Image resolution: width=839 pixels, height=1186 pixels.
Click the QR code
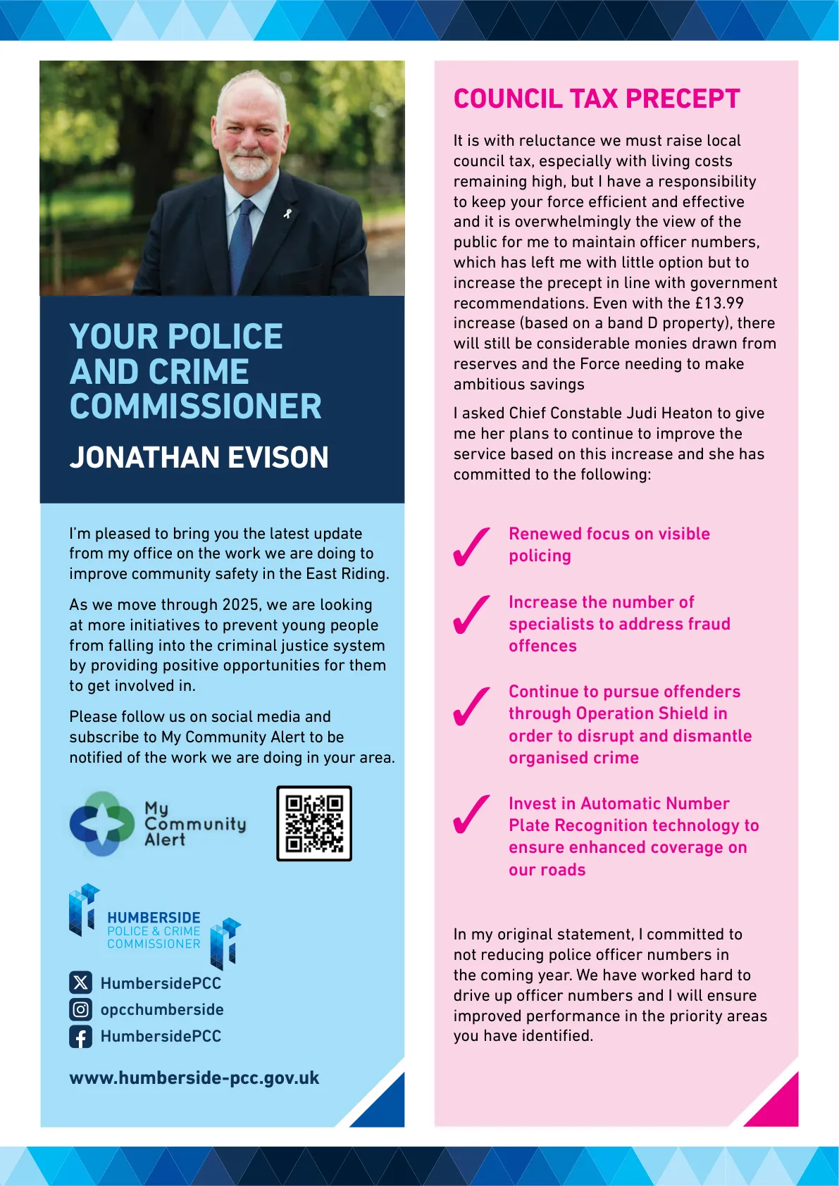tap(313, 823)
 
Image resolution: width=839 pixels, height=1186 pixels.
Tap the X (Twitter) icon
tap(80, 982)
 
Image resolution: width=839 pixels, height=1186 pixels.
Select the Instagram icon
tap(80, 1009)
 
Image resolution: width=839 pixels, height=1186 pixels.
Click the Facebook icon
tap(80, 1036)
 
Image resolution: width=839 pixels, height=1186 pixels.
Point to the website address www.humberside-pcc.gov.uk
tap(194, 1078)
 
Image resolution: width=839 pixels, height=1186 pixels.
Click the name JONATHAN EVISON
tap(199, 457)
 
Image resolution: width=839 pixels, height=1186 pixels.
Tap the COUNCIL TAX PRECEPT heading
tap(596, 99)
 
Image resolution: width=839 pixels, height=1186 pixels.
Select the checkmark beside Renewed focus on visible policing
tap(471, 547)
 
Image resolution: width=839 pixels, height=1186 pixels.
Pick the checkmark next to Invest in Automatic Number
tap(471, 814)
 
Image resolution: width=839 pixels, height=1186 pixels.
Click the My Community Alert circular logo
tap(102, 823)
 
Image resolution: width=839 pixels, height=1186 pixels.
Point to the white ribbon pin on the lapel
tap(287, 212)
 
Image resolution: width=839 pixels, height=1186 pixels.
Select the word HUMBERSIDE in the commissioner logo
tap(154, 918)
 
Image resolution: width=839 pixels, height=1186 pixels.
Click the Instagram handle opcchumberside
tap(162, 1009)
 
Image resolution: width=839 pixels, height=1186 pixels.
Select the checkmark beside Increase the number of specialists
tap(471, 615)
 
